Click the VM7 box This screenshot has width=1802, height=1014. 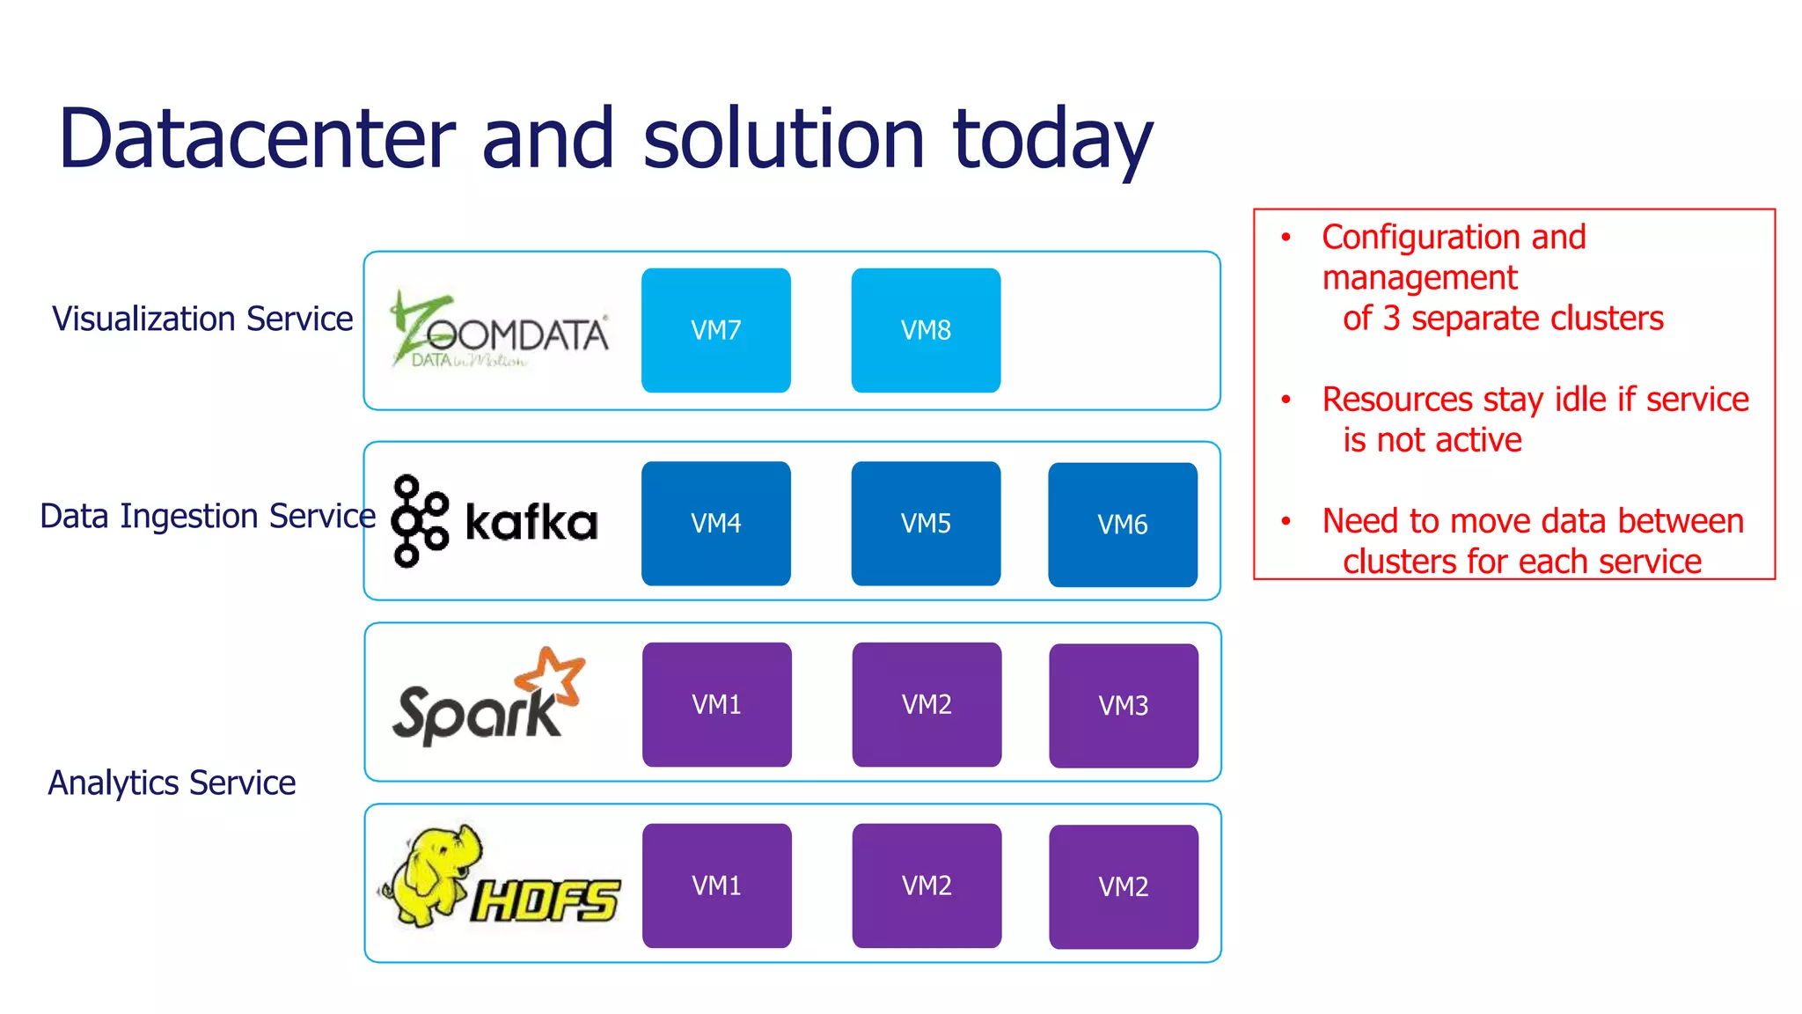715,330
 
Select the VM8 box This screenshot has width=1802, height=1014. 926,330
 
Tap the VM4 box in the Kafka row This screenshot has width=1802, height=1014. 715,523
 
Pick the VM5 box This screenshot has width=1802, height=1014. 926,523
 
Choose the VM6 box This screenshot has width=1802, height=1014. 1123,525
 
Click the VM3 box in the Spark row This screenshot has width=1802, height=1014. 1124,705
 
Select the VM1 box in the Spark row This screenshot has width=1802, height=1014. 716,704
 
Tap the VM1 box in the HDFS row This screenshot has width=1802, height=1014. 716,885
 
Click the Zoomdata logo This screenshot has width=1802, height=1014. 499,331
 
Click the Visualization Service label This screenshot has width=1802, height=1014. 202,319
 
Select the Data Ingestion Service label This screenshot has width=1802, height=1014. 208,516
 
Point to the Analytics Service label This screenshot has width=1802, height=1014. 172,783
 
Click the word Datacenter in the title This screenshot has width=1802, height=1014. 257,139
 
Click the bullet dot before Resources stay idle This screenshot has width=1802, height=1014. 1286,400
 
